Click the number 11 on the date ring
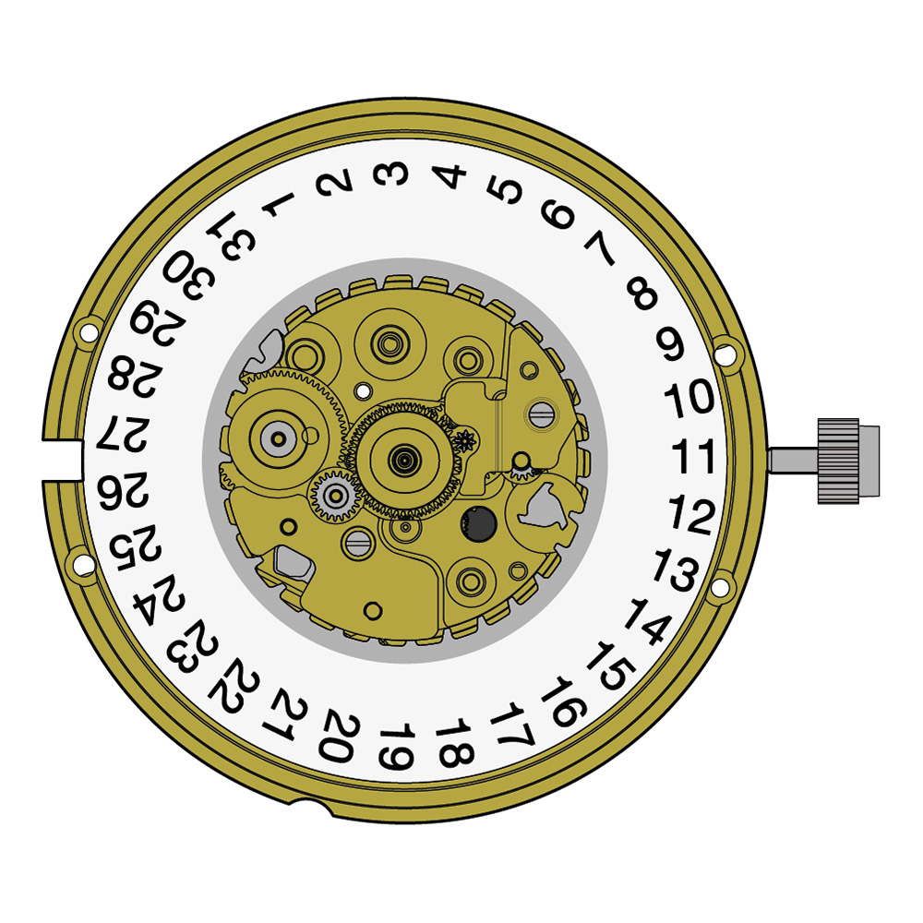pyautogui.click(x=693, y=456)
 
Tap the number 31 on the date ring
pyautogui.click(x=232, y=235)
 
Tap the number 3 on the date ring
pyautogui.click(x=390, y=174)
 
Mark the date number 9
pyautogui.click(x=670, y=343)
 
